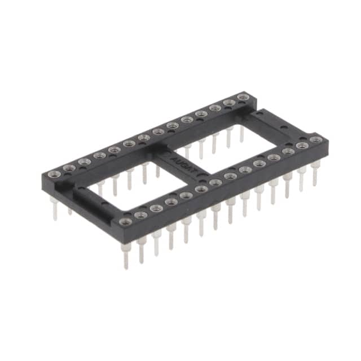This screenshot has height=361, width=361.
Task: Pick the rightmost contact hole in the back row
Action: [x=243, y=98]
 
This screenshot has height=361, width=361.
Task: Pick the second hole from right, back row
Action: [x=228, y=103]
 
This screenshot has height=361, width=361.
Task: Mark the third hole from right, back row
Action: [x=214, y=108]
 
